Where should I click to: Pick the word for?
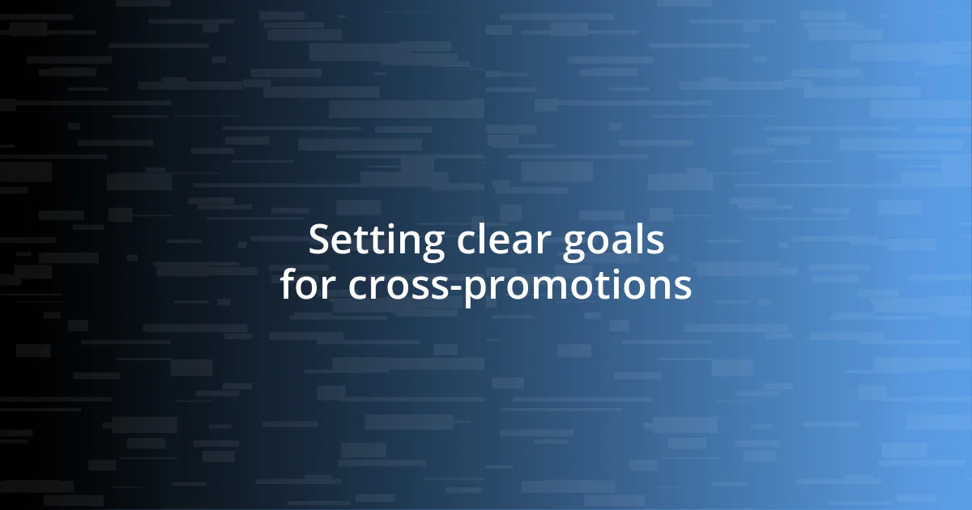point(309,285)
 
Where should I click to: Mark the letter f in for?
point(289,284)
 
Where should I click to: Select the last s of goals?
point(657,244)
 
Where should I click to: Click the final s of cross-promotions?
point(683,287)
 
